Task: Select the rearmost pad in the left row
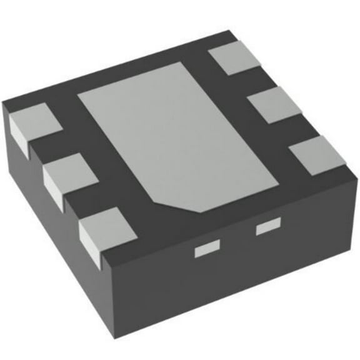pyautogui.click(x=34, y=122)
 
